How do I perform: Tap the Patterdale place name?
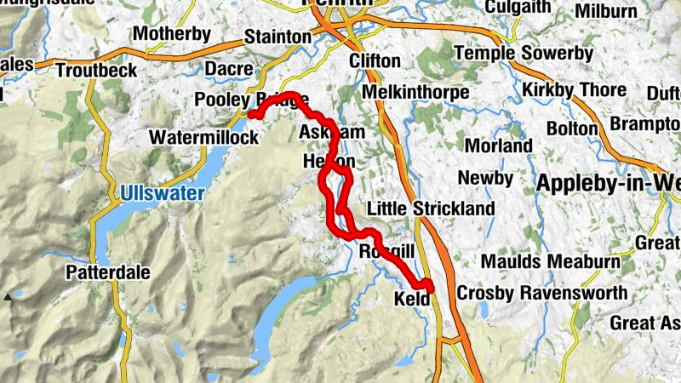point(108,273)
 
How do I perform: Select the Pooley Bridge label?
point(251,100)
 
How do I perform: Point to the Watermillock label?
point(203,137)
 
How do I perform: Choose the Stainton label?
point(278,37)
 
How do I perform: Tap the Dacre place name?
point(230,69)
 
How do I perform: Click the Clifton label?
point(375,61)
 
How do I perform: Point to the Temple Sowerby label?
point(523,54)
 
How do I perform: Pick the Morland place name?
point(498,146)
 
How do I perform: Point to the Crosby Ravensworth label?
point(542,293)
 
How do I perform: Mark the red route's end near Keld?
point(427,287)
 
